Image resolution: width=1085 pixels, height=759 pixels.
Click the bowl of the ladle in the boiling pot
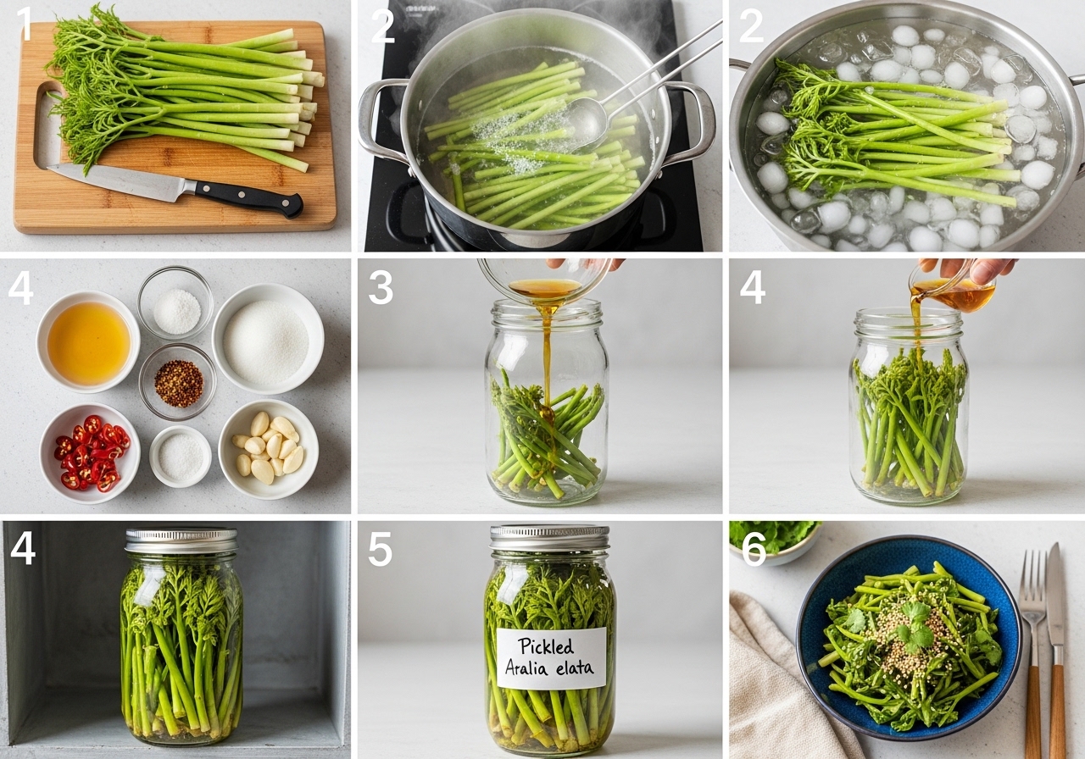point(587,123)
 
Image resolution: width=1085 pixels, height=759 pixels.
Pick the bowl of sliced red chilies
point(90,453)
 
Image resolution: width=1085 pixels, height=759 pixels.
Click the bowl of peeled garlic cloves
point(269,449)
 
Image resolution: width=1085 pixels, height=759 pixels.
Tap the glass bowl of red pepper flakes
point(178,382)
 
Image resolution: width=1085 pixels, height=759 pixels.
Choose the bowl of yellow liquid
point(88,341)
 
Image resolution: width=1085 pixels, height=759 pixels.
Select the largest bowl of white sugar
point(268,339)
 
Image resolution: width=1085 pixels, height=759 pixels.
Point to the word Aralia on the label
point(526,668)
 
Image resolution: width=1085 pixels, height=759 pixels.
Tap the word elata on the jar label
point(575,668)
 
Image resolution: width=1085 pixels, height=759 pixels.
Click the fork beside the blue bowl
point(1032,653)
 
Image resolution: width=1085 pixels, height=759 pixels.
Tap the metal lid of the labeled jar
point(549,538)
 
